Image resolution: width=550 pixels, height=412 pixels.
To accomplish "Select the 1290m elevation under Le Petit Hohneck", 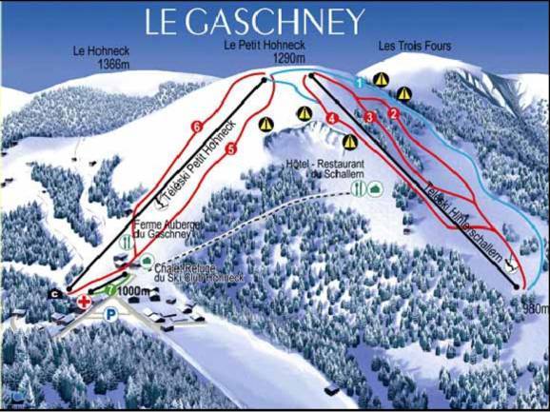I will coord(286,58).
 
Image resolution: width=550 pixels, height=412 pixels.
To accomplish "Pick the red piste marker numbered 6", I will coord(197,126).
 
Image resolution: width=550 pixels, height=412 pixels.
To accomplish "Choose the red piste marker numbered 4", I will coord(332,117).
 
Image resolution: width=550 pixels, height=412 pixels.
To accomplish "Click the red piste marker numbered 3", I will coord(369,116).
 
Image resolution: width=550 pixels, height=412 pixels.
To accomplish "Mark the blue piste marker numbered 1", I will coord(359,85).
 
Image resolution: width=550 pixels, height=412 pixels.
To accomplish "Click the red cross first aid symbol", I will coord(85,302).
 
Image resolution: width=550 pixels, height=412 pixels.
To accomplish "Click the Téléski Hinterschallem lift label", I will coord(465,218).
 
